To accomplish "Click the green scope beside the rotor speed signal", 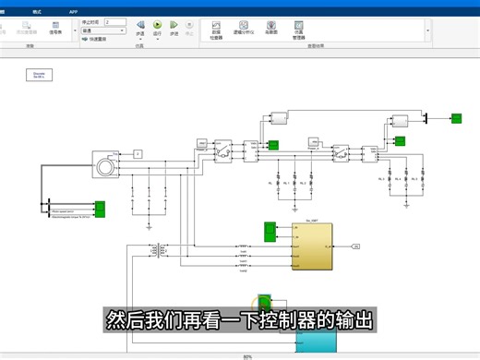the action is (101, 209).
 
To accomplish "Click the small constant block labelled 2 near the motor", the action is (138, 152).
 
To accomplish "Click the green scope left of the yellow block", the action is (270, 230).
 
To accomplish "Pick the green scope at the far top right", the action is (456, 117).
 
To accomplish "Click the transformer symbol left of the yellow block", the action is (162, 250).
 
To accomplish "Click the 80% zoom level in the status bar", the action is (246, 356).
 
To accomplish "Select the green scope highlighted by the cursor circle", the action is (265, 304).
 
